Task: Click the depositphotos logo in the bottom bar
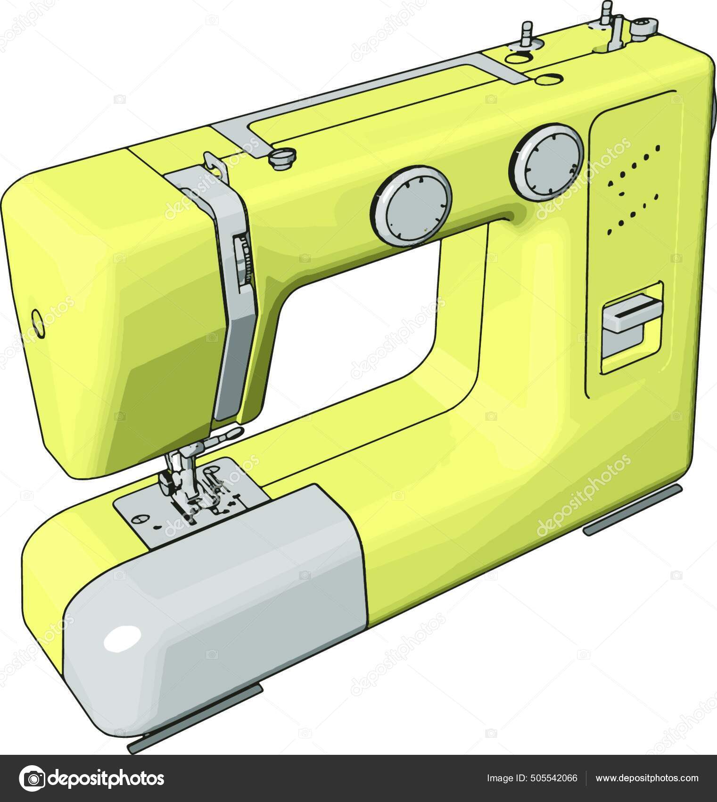pos(91,778)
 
